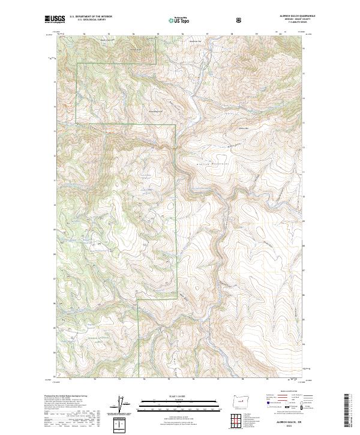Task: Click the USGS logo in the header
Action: (x=55, y=20)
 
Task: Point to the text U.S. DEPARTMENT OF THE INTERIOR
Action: (x=91, y=17)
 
